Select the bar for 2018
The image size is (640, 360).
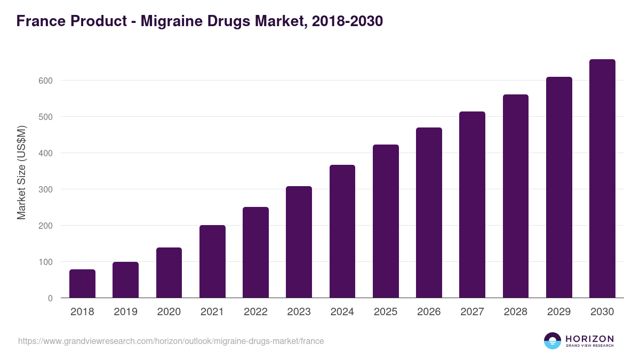pyautogui.click(x=82, y=284)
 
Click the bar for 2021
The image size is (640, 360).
pyautogui.click(x=212, y=261)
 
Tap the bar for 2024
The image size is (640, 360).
pyautogui.click(x=342, y=231)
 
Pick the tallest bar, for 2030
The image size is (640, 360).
pyautogui.click(x=602, y=179)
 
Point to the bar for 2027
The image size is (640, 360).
pyautogui.click(x=472, y=205)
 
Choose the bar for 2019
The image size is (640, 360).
pyautogui.click(x=125, y=280)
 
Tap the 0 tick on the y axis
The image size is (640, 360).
pyautogui.click(x=50, y=298)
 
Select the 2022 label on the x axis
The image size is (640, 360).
pyautogui.click(x=255, y=312)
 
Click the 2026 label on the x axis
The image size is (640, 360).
pyautogui.click(x=429, y=312)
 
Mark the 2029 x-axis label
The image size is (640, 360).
pyautogui.click(x=559, y=312)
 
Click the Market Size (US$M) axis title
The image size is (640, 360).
pyautogui.click(x=21, y=172)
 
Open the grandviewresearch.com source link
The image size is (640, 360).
pyautogui.click(x=171, y=341)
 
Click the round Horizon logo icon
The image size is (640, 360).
pyautogui.click(x=553, y=341)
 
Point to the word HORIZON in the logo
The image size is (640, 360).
pyautogui.click(x=589, y=338)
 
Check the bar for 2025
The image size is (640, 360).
pyautogui.click(x=386, y=221)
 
